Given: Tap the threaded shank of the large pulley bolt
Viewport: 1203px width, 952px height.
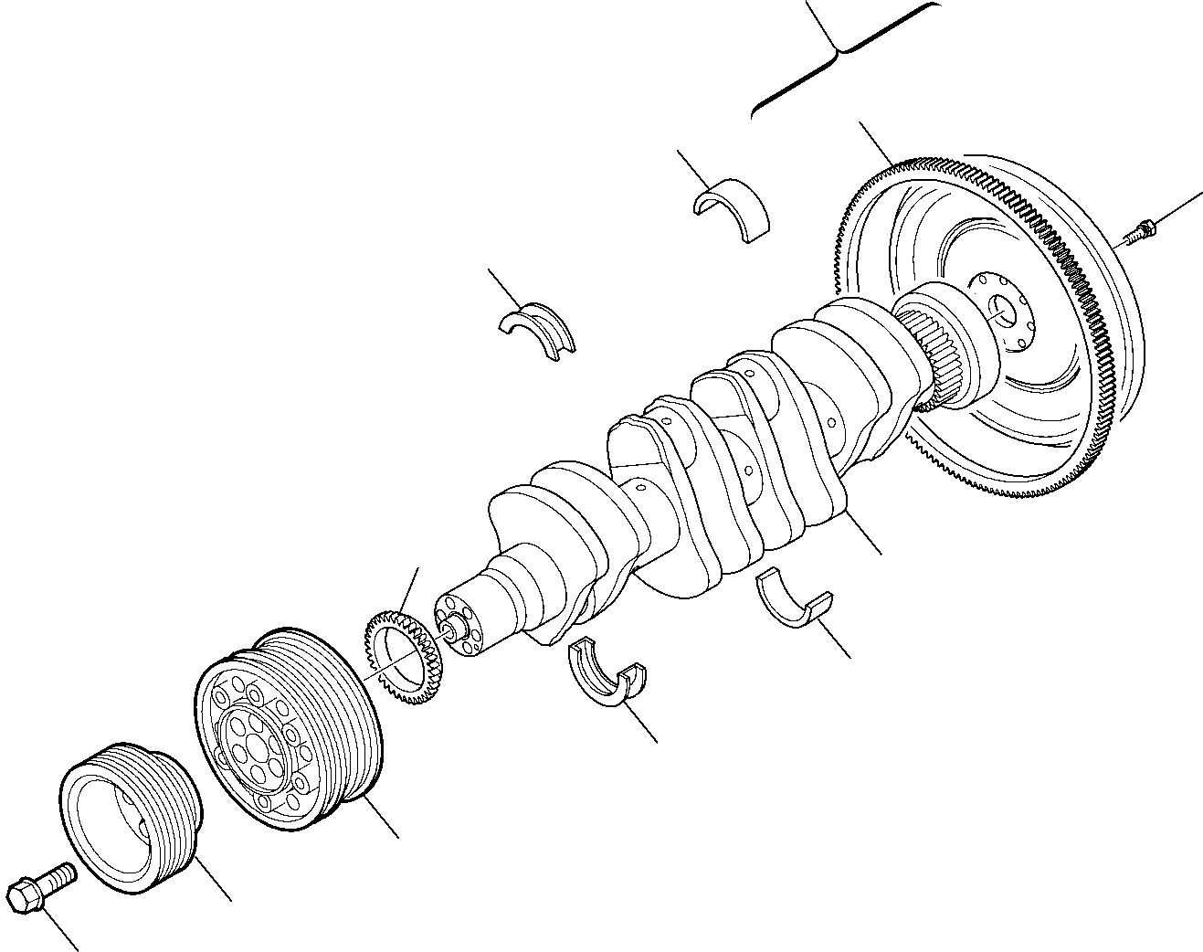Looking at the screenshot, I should coord(60,876).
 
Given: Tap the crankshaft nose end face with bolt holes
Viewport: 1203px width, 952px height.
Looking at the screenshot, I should coord(461,625).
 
